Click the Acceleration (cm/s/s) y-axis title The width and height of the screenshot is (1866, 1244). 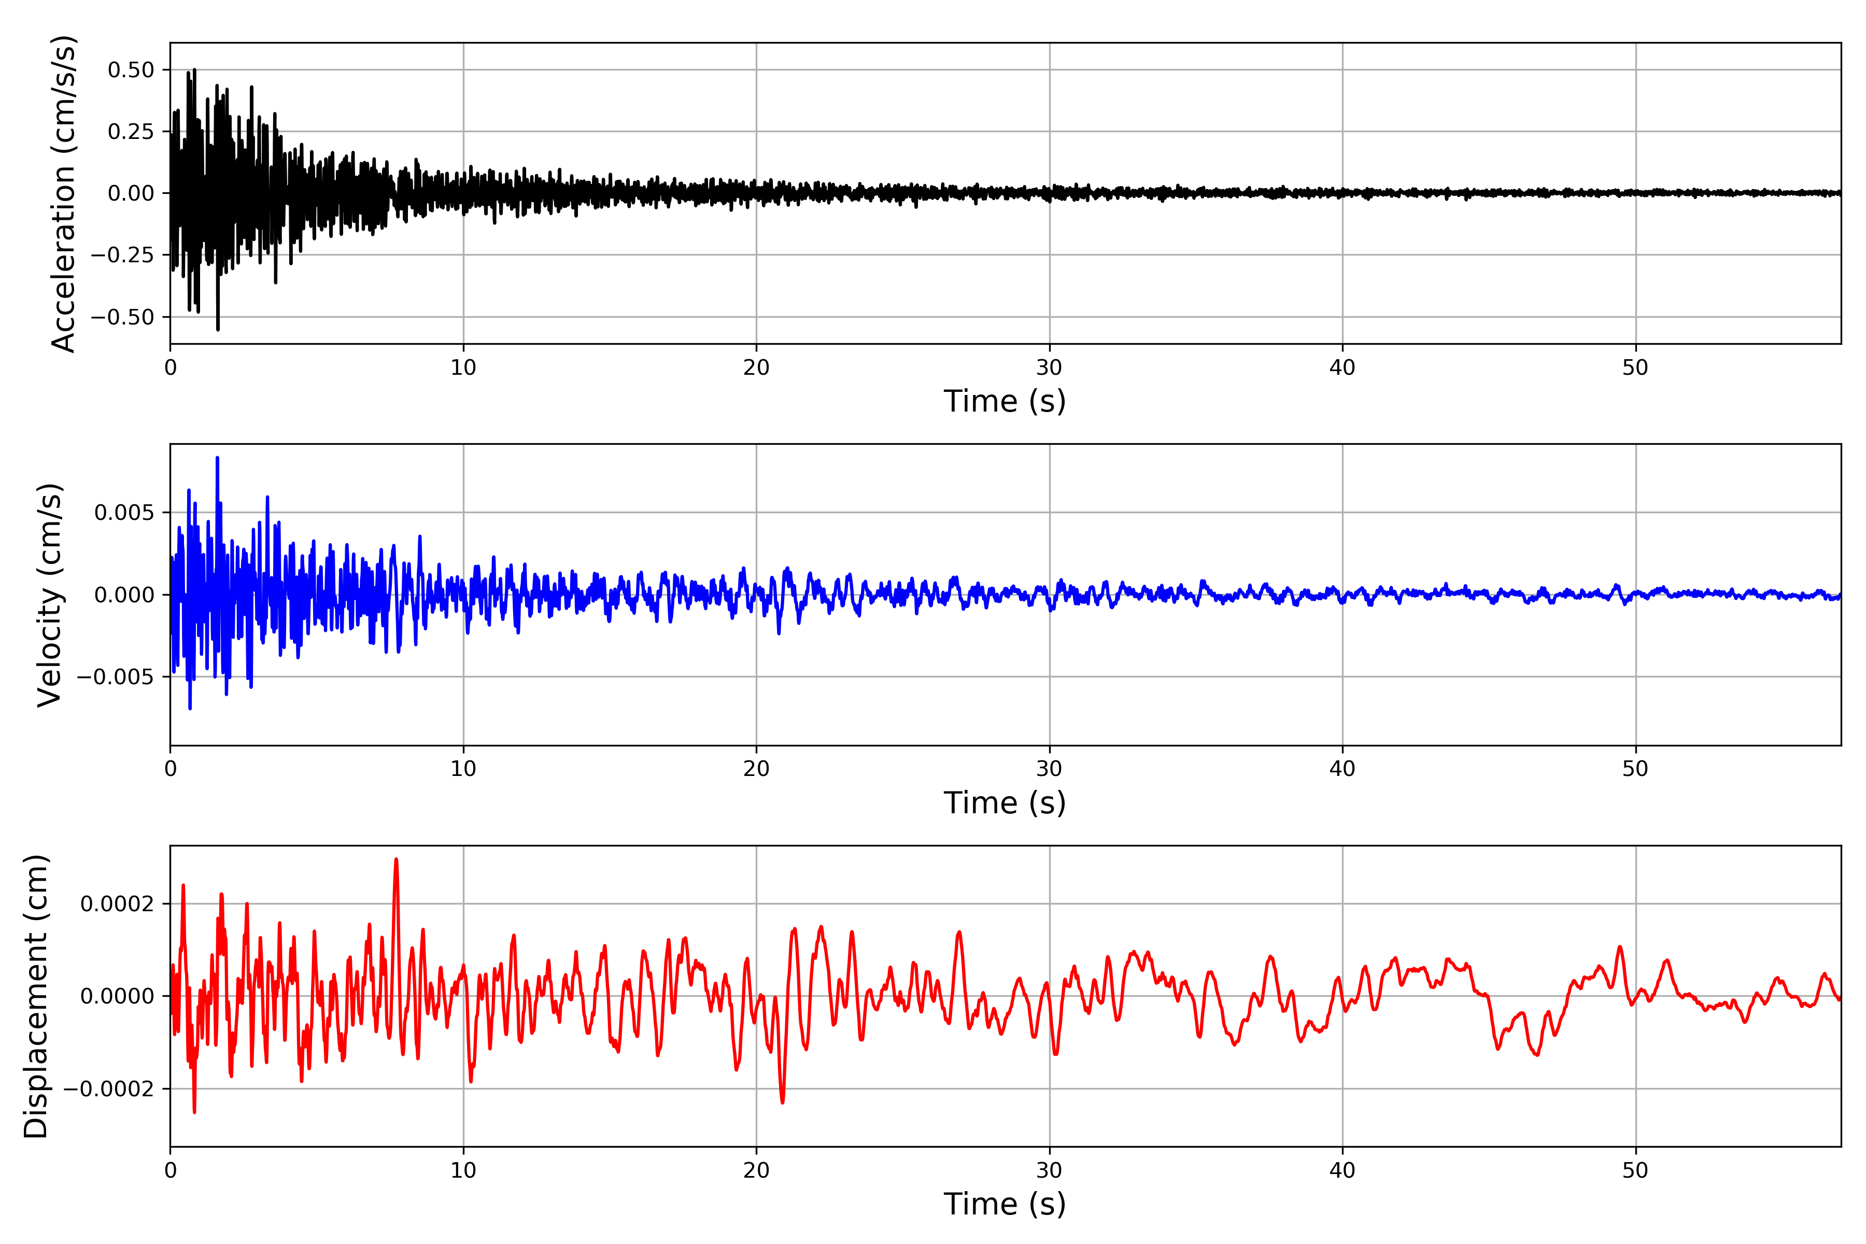(x=63, y=193)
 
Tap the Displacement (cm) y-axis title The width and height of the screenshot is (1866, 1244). (x=36, y=996)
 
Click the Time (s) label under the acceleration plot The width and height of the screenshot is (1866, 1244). (x=1005, y=401)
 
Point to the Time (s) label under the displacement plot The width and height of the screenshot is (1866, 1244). (x=1005, y=1204)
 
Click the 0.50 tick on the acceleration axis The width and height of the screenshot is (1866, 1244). (x=131, y=70)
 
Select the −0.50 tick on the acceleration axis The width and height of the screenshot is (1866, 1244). (x=122, y=317)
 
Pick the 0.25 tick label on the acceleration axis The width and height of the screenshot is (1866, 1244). (x=131, y=132)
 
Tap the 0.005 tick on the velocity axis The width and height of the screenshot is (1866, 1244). (x=124, y=513)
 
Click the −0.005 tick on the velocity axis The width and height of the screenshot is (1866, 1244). (x=115, y=677)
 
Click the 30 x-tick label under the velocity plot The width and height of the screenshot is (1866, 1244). (x=1049, y=769)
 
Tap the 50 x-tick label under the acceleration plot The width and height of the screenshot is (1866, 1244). (x=1635, y=367)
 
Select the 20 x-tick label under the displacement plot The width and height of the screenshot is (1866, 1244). (x=756, y=1170)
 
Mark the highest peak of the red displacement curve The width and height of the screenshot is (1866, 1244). (x=396, y=859)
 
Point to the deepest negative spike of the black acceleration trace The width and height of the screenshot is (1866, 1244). (x=218, y=329)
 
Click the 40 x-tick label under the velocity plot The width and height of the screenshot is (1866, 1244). (x=1342, y=769)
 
